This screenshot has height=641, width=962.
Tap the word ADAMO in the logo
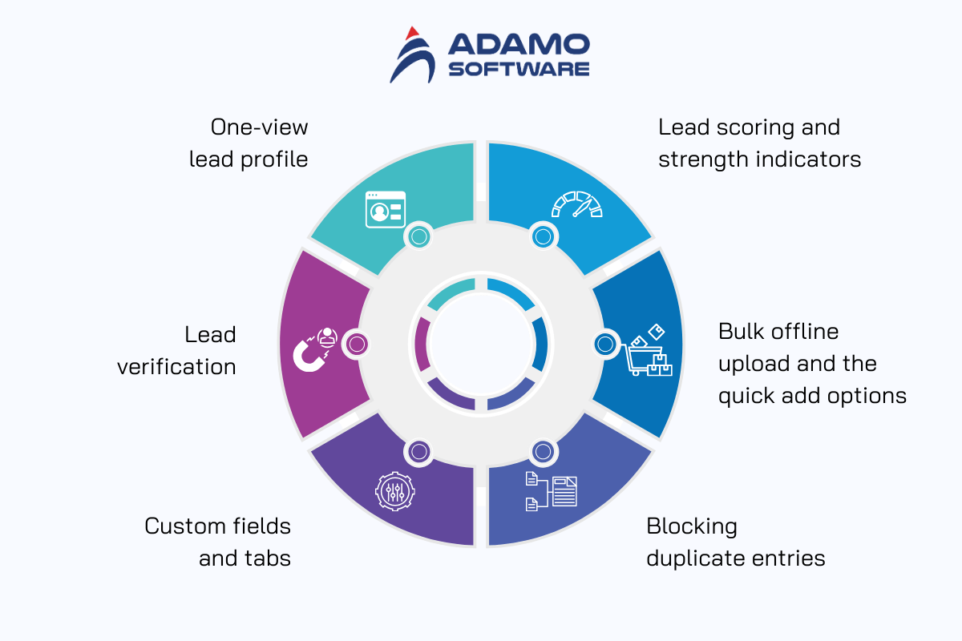519,45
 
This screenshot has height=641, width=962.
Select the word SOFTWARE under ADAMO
519,68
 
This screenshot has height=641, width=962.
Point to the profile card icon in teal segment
385,209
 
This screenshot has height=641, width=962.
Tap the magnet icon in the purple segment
314,350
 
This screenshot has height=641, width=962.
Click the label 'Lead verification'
176,350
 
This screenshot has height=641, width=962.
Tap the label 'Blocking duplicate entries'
735,542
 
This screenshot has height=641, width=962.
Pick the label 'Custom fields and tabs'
218,542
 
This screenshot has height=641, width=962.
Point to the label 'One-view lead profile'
249,143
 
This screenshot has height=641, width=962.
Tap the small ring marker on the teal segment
418,236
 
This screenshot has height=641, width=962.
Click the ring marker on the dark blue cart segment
606,345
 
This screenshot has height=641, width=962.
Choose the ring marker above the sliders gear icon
418,452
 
